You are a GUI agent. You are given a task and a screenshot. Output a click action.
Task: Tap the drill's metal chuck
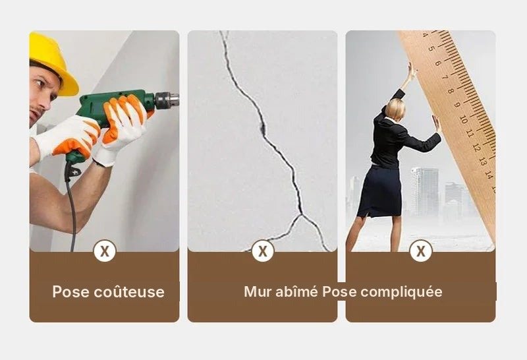tap(167, 100)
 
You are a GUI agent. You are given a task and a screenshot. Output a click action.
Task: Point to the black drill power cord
tap(72, 208)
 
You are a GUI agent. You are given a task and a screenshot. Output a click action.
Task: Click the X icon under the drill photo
tap(105, 251)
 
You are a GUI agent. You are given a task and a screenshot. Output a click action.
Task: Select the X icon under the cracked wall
tap(262, 251)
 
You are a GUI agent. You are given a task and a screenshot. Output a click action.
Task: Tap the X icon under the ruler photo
tap(420, 251)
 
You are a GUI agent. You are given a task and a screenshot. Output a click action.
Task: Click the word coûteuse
tap(129, 291)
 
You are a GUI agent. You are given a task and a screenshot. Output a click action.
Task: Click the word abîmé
tap(296, 291)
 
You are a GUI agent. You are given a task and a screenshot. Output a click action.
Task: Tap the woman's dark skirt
tap(380, 190)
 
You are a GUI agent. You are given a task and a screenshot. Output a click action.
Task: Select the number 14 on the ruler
tap(489, 175)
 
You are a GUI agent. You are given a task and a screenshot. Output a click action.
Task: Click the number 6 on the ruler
tap(437, 63)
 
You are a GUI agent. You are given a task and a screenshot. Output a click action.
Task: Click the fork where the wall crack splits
tap(302, 214)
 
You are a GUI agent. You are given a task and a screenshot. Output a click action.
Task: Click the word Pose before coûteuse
tap(71, 291)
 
